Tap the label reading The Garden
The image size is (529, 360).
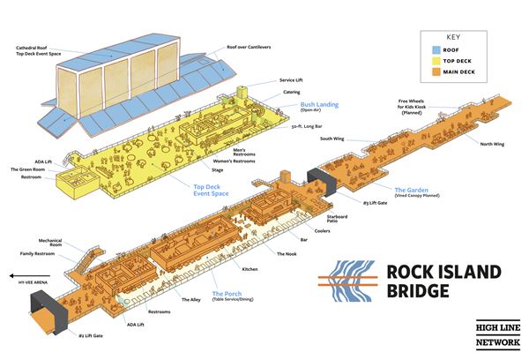(411, 190)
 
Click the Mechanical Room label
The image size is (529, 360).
(50, 241)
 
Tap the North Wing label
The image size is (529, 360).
(493, 144)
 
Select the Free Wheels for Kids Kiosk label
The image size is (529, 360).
(421, 110)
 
